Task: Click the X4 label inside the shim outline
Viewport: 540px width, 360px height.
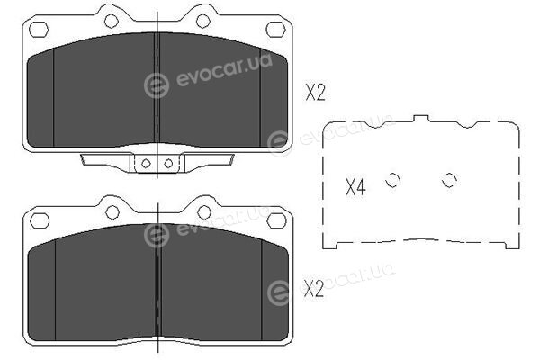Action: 355,187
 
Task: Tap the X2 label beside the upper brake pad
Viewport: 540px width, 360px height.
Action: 315,93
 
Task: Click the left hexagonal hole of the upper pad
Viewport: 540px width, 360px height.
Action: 39,30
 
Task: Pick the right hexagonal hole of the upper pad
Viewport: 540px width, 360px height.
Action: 276,30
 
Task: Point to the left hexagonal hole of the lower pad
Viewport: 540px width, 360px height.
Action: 40,220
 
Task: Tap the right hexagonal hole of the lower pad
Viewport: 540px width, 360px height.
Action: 277,220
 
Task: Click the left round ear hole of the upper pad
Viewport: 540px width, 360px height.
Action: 112,21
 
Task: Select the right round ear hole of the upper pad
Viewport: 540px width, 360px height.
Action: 203,21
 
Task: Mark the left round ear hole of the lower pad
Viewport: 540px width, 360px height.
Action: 112,212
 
